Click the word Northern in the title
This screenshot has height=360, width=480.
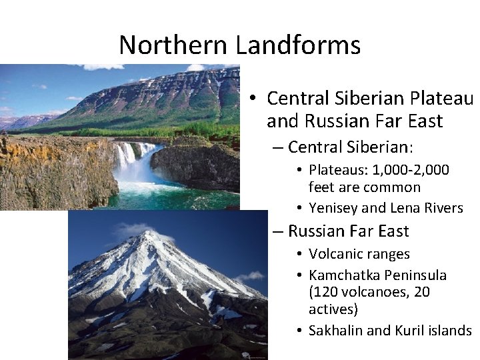174,45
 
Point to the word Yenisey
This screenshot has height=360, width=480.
333,208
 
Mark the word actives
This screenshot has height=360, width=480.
333,309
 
